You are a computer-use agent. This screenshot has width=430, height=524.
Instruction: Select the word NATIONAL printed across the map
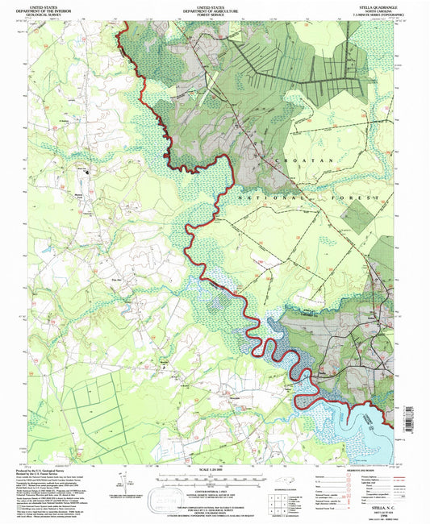(259, 196)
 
